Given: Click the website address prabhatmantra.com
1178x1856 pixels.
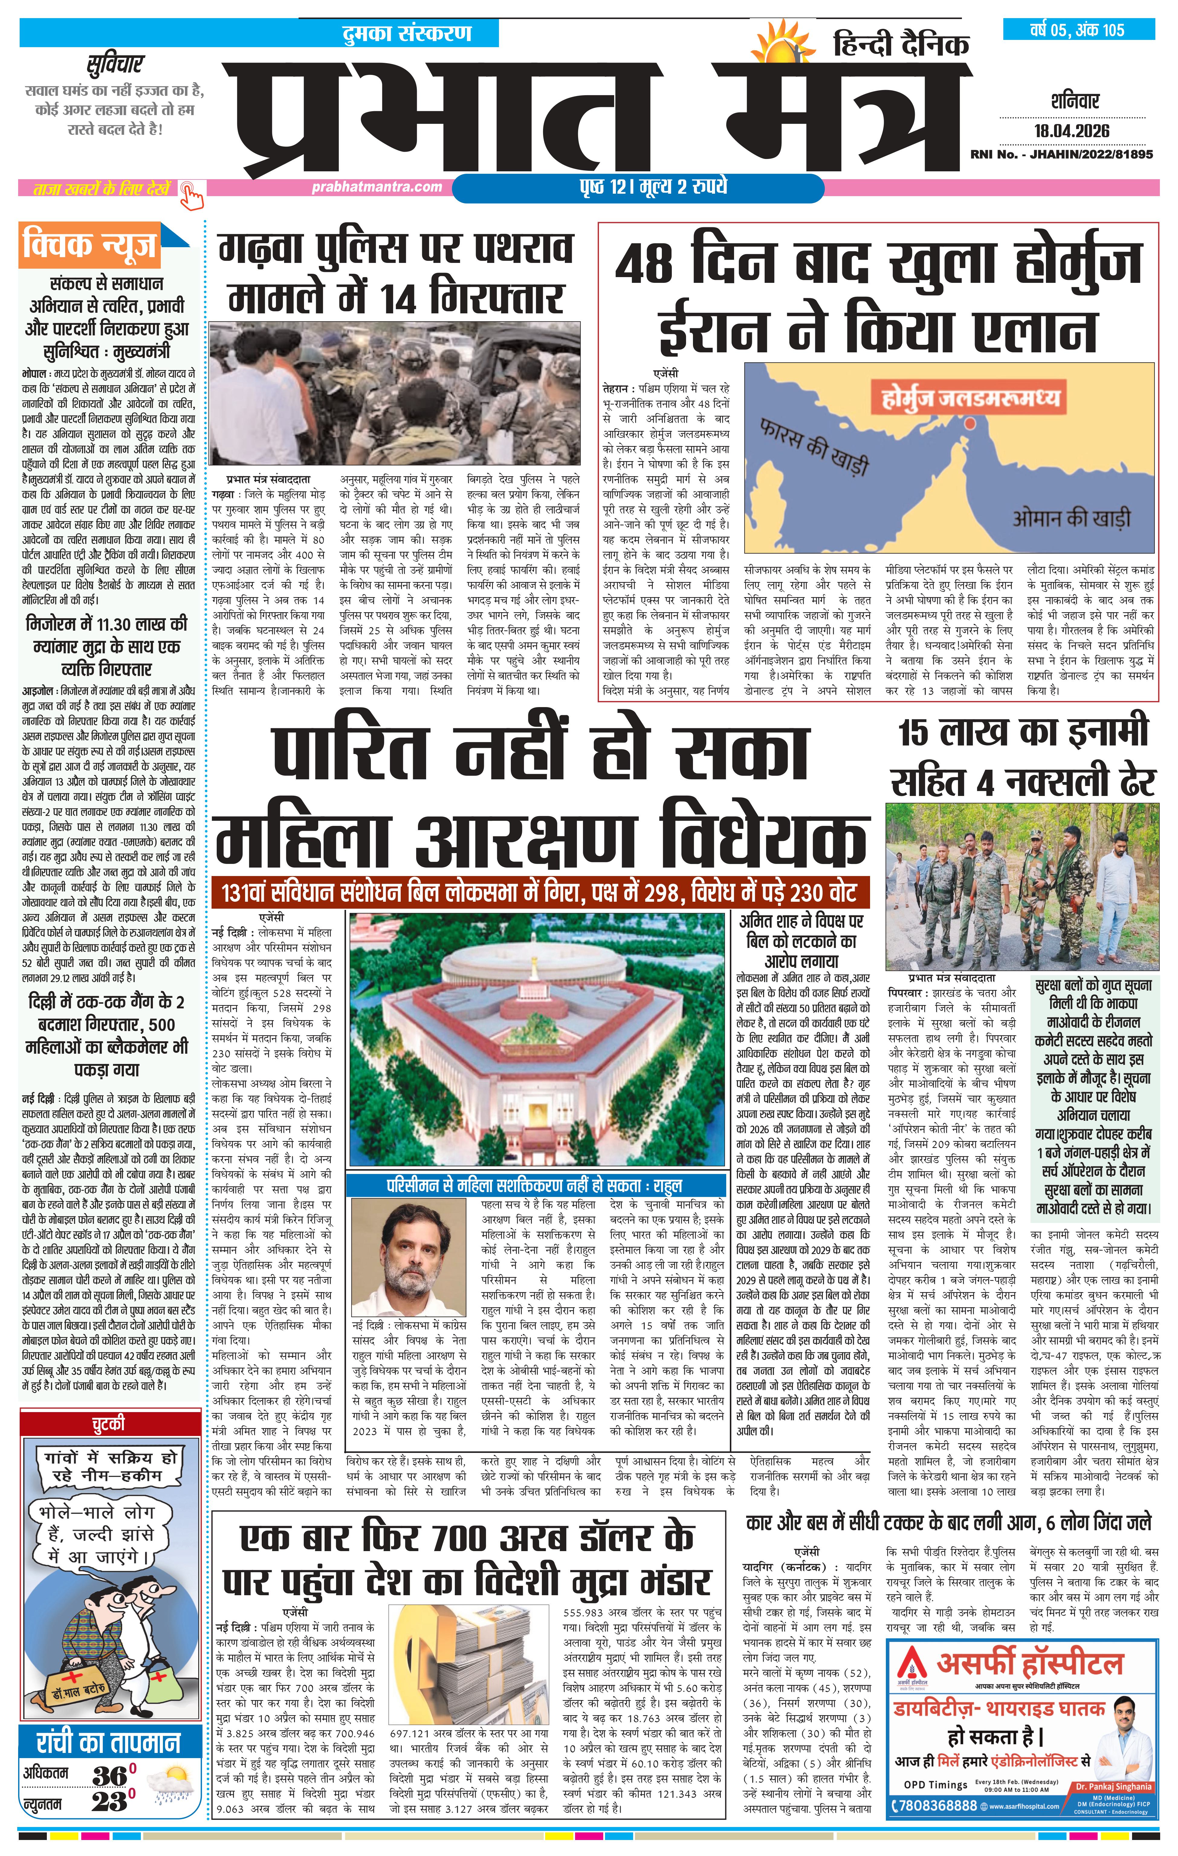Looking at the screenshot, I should click(377, 186).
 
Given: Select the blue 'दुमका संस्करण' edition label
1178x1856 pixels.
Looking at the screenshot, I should click(406, 34).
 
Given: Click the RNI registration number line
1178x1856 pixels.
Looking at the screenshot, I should click(1062, 155).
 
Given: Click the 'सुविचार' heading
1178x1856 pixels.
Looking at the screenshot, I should click(113, 64).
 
